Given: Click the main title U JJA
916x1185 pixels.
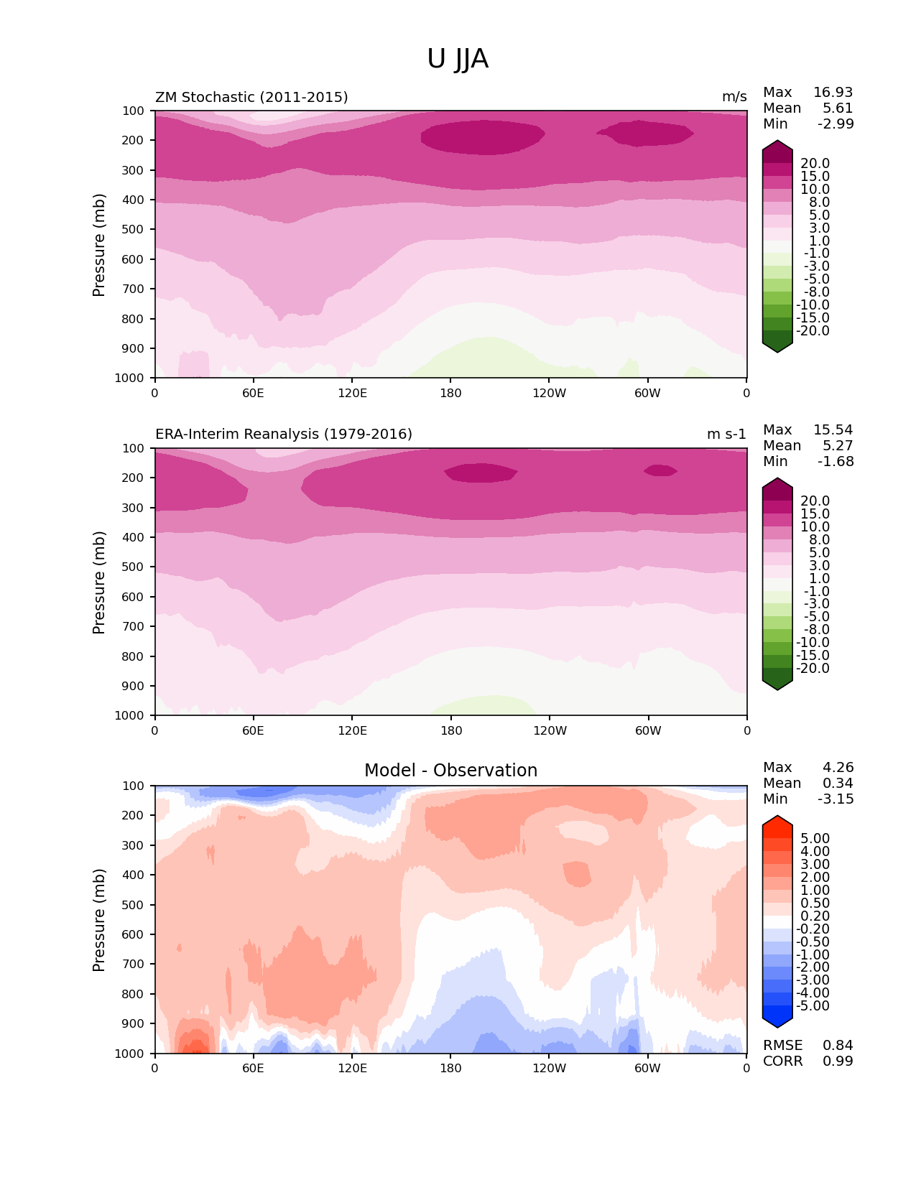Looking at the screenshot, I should point(458,59).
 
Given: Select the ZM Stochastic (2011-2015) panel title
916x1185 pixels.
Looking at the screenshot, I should point(251,97).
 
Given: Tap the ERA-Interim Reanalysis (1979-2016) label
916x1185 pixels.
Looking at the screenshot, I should point(284,434).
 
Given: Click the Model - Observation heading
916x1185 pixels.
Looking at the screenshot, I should point(450,771).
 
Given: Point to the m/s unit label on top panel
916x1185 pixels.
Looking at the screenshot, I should point(734,97).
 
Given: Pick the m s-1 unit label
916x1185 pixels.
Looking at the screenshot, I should point(726,434).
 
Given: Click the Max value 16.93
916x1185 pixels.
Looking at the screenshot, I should point(833,93).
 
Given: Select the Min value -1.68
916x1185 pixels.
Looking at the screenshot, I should point(836,462).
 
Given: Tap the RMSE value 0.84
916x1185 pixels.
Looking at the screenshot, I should point(838,1046).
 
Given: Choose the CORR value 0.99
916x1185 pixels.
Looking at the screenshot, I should point(838,1061).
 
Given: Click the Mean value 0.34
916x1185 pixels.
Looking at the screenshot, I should point(838,784).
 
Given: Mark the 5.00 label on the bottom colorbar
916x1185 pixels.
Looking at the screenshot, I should point(815,839).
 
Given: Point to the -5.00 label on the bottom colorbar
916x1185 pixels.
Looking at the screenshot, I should point(813,1006).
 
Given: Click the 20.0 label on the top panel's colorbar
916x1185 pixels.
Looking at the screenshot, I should point(815,164).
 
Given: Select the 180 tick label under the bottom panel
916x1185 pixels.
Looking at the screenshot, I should point(450,1069).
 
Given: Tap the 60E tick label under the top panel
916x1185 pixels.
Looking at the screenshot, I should point(253,394).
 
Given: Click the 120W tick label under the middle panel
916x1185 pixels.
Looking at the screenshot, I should point(550,731).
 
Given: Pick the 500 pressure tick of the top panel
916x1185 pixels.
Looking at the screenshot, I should point(133,230).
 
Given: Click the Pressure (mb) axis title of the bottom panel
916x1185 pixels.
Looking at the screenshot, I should point(99,919).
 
